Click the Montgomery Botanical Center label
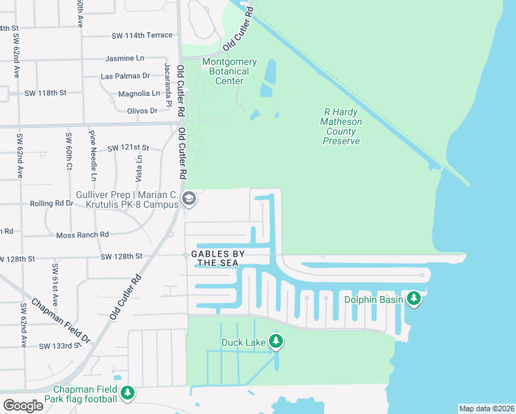229,72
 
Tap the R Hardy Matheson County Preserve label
341,126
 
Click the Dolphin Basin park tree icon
414,299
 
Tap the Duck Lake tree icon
276,342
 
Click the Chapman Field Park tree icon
127,393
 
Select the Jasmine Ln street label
128,59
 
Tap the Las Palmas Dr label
125,76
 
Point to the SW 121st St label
128,148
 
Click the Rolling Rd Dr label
52,204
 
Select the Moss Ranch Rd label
83,235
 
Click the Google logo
23,406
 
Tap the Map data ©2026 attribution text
486,408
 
